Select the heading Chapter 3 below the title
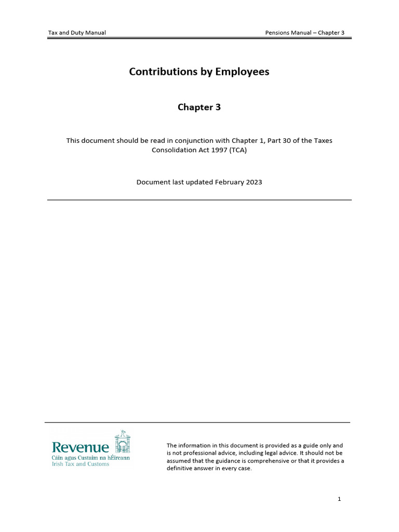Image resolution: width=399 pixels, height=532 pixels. (199, 108)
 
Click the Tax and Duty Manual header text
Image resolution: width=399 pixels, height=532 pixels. (77, 33)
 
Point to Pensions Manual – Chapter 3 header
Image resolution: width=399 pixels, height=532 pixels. (304, 33)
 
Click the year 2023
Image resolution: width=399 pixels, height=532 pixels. (254, 182)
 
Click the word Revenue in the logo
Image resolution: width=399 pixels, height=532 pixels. (81, 447)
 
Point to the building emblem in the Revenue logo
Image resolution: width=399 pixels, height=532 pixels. (122, 443)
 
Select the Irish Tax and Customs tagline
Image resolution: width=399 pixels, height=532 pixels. (81, 464)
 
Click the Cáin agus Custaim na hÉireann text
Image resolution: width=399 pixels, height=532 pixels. (90, 458)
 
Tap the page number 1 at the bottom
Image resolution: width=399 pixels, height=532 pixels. (339, 499)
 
